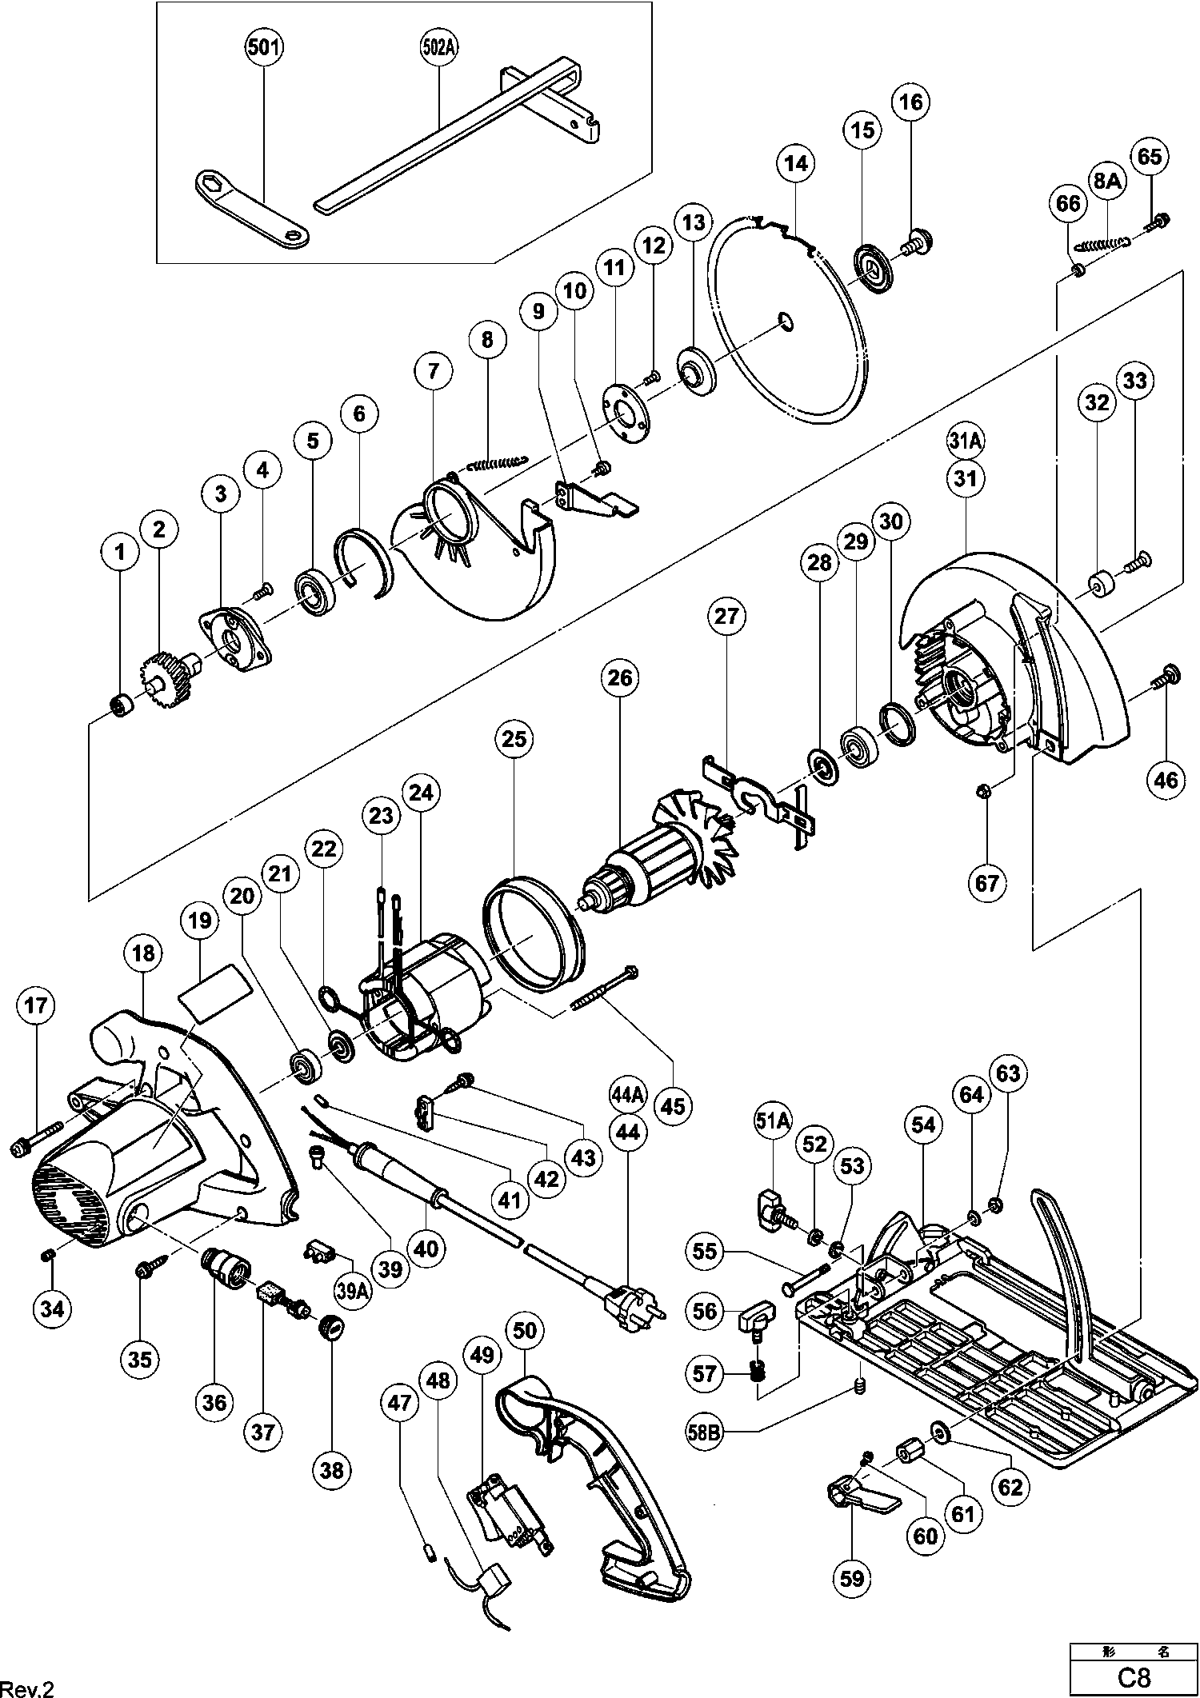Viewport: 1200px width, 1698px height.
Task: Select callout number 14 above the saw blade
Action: pos(796,164)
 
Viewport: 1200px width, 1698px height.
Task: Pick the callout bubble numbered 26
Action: pos(620,678)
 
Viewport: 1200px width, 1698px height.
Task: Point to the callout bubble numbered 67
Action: pos(986,883)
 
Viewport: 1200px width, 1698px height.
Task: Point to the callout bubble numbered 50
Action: pos(525,1331)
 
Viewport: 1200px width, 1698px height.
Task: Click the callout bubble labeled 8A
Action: pos(1108,182)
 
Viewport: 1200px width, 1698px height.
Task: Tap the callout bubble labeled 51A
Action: pos(773,1125)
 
